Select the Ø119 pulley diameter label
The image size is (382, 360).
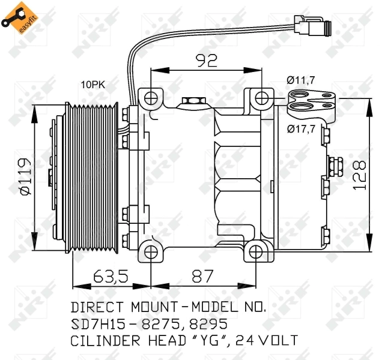coord(25,176)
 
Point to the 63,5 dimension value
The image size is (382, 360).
coord(111,277)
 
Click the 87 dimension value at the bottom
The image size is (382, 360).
coord(202,277)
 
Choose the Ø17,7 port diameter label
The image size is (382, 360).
coord(301,128)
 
